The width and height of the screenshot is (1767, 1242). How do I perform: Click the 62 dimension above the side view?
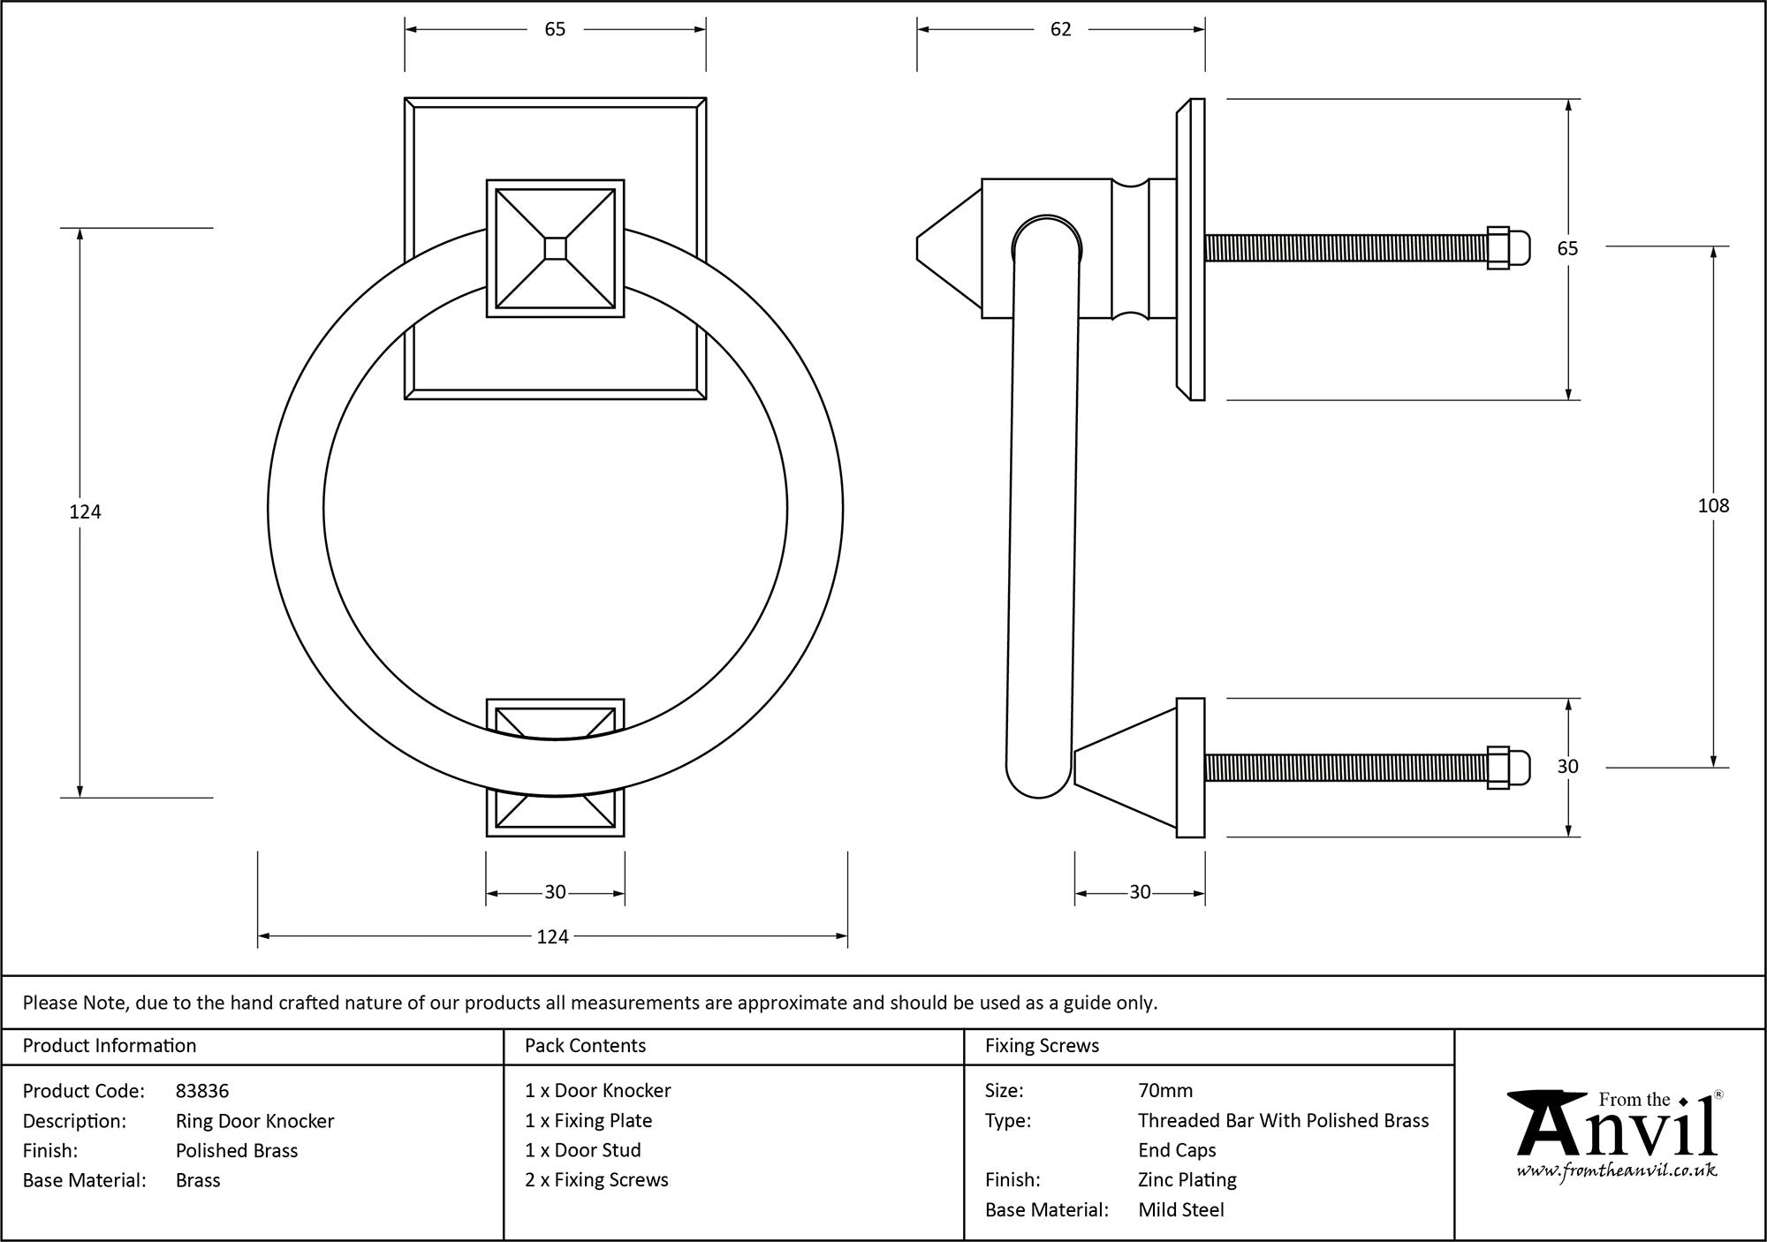(1060, 30)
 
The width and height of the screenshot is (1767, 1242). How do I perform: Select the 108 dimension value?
(1713, 506)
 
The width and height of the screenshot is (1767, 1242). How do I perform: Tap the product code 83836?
(202, 1091)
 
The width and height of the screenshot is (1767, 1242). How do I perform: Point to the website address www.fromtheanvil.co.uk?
(1617, 1171)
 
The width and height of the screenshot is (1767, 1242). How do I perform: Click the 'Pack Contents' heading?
(585, 1046)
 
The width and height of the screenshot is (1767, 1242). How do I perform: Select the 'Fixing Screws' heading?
(1042, 1046)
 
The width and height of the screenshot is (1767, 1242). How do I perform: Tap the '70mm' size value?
(1165, 1091)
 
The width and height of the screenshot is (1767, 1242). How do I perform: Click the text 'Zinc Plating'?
(1187, 1180)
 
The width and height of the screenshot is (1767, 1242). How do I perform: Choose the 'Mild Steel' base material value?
(1181, 1210)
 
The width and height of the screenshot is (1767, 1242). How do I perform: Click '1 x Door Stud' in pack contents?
(583, 1150)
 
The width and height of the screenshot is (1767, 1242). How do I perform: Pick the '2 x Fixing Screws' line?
(596, 1180)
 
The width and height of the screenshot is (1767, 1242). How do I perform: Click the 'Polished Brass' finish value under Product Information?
(237, 1151)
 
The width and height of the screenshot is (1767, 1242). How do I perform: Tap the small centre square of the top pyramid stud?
(556, 249)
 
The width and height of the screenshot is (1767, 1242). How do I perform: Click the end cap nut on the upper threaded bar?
(1505, 248)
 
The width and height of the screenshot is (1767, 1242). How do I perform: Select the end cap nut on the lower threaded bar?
(1505, 768)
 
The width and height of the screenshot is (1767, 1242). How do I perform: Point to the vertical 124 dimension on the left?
(85, 511)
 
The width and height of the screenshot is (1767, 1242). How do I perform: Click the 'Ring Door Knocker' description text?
(254, 1121)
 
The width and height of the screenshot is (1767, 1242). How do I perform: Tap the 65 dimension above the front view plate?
(555, 30)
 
